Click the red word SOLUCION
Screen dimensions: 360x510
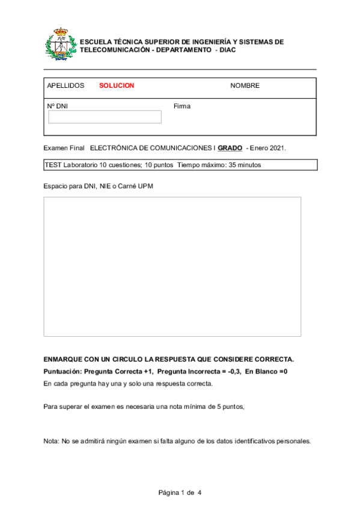coord(117,85)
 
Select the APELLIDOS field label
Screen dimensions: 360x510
coord(66,85)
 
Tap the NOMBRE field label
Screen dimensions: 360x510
coord(245,85)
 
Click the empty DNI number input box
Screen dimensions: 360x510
coord(105,117)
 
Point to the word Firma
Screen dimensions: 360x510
coord(182,106)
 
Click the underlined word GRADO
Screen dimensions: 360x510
coord(230,148)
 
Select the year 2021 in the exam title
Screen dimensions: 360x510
coord(277,148)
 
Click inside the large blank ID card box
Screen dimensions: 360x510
coord(172,266)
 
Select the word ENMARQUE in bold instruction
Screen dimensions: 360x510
coord(63,359)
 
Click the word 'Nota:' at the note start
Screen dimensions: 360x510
coord(52,441)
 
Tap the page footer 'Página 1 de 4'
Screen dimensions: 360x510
coord(180,493)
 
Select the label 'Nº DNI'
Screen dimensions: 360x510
coord(57,106)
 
